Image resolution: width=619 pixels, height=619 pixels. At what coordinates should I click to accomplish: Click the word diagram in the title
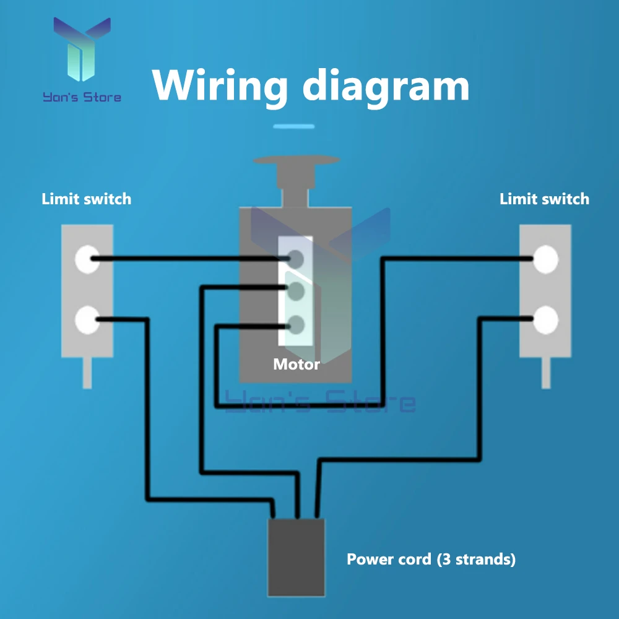tap(386, 87)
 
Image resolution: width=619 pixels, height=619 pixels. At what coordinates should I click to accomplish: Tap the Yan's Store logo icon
tap(82, 49)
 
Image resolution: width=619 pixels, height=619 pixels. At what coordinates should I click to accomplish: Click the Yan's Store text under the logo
tap(82, 97)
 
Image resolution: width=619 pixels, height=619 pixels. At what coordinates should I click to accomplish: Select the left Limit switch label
tap(87, 199)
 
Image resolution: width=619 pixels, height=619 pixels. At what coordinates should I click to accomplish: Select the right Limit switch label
tap(544, 199)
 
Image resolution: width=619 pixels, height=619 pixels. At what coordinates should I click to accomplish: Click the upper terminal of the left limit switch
tap(87, 259)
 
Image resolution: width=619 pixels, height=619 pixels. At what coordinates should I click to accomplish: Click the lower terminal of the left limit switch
tap(87, 320)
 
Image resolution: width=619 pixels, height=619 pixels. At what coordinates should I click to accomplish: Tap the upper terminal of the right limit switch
tap(545, 259)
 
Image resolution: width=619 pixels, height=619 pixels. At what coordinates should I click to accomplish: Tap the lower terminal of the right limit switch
tap(545, 320)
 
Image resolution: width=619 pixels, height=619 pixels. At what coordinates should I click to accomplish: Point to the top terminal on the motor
tap(296, 259)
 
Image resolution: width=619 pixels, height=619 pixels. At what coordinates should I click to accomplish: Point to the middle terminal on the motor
tap(296, 292)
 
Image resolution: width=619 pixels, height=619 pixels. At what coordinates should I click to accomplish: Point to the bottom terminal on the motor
tap(296, 326)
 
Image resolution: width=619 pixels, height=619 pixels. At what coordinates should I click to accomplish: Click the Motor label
tap(297, 364)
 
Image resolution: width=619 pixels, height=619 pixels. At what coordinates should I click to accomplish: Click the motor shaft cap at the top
tap(296, 160)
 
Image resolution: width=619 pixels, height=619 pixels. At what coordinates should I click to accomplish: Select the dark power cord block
tap(296, 558)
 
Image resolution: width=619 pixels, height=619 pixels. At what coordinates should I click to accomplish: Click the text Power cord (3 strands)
tap(431, 560)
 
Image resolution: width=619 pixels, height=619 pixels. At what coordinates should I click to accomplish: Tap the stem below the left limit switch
tap(87, 373)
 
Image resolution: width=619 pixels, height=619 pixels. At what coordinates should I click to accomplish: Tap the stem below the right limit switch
tap(546, 373)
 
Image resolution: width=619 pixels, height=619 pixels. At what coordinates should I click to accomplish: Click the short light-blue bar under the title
tap(293, 126)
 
